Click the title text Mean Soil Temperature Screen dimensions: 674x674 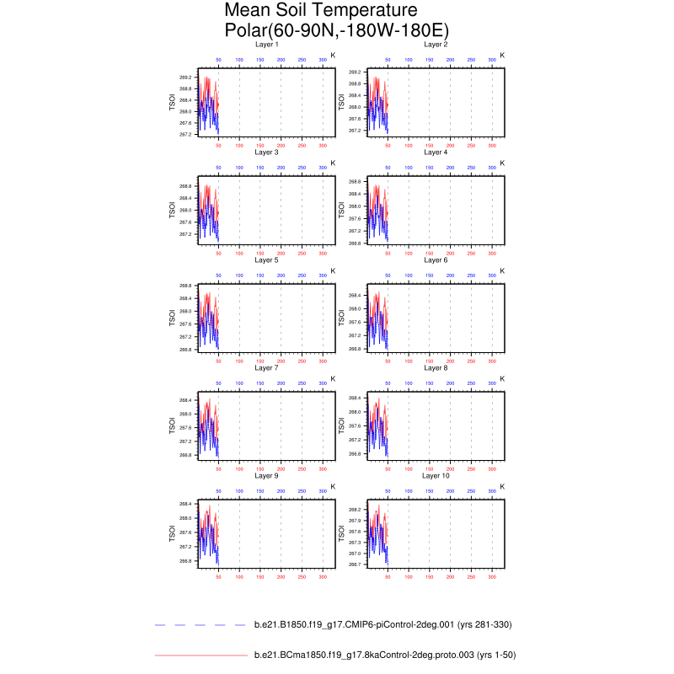click(x=321, y=11)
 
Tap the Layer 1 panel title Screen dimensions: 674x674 click(x=266, y=44)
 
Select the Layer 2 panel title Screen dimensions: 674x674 click(x=436, y=44)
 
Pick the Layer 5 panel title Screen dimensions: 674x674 click(x=266, y=259)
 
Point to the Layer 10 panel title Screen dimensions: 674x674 click(x=436, y=475)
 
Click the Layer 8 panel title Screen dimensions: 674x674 click(x=436, y=367)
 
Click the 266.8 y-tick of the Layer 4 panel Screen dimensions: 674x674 click(x=355, y=243)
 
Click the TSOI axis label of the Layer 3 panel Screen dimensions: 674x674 click(x=172, y=209)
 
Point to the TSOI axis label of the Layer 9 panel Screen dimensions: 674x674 click(x=172, y=532)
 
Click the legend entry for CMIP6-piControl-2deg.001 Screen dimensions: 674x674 click(x=382, y=624)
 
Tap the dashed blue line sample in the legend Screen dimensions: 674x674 click(x=201, y=624)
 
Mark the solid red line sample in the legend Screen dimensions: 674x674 click(x=201, y=655)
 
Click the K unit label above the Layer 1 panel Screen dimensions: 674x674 click(x=333, y=55)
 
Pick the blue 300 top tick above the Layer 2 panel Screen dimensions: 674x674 click(x=492, y=61)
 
